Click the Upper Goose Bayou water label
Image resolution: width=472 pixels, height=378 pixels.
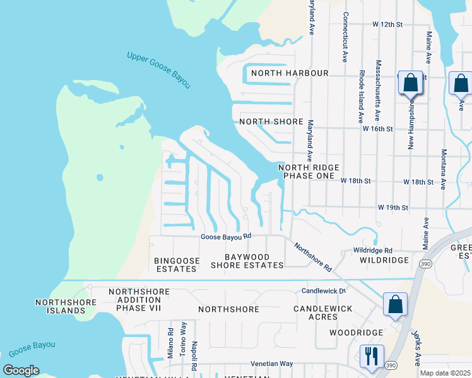point(158,69)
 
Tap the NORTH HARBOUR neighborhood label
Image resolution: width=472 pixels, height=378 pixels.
point(290,73)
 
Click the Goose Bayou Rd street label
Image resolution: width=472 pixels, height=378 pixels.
point(226,237)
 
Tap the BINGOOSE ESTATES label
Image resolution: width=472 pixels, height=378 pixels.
point(177,265)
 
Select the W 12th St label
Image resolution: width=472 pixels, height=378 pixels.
point(387,25)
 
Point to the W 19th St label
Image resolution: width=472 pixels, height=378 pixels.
point(393,207)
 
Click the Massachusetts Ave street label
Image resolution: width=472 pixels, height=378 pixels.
point(378,90)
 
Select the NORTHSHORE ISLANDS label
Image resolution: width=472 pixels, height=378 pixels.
point(66,307)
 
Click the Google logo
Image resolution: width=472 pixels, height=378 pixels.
point(21,370)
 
